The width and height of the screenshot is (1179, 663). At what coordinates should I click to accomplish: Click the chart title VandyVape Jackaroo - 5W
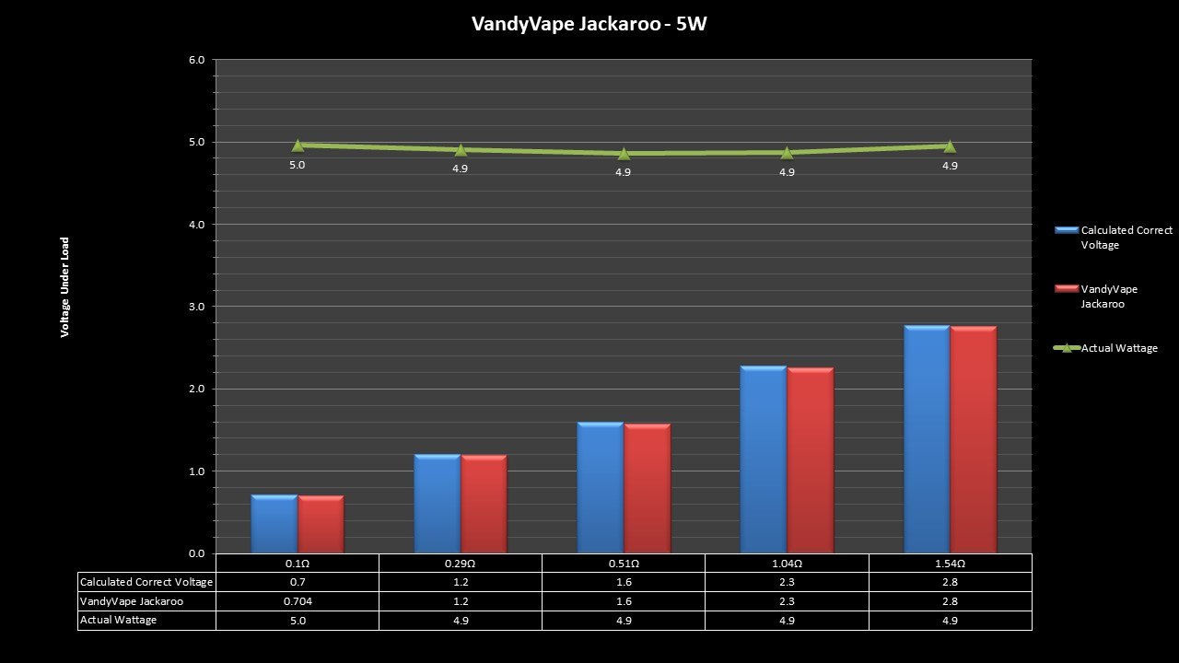tap(589, 24)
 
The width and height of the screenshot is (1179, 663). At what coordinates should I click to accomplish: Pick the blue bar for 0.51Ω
tap(601, 487)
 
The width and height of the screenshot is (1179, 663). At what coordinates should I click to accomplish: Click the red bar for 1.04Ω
tap(811, 459)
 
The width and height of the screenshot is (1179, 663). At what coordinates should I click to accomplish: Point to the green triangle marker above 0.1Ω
tap(298, 145)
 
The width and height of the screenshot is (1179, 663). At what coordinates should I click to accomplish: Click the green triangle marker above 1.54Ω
tap(950, 145)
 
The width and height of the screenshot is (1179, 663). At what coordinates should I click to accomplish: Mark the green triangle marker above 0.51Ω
tap(624, 153)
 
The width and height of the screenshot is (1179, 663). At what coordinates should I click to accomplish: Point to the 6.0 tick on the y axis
tap(196, 60)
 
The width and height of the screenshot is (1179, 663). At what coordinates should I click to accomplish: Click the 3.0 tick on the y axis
tap(196, 307)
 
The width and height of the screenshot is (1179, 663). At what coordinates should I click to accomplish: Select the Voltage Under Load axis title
tap(65, 287)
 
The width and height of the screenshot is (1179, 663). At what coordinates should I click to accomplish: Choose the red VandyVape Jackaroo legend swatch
tap(1067, 289)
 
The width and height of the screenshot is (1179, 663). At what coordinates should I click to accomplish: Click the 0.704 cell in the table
tap(298, 601)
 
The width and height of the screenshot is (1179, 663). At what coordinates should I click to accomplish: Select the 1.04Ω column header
tap(787, 564)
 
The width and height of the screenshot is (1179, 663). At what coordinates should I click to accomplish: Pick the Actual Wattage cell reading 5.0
tap(298, 621)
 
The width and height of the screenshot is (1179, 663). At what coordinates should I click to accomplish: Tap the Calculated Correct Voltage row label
tap(146, 582)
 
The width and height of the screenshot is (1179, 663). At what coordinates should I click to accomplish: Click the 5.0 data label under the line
tap(298, 166)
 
